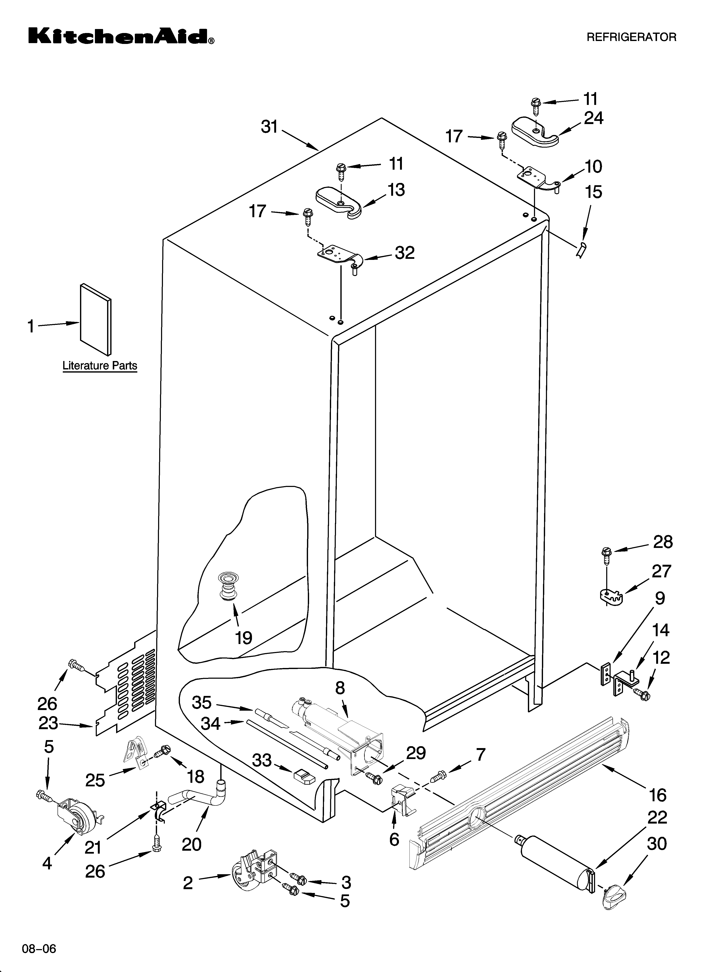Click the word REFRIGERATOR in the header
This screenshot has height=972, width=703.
631,37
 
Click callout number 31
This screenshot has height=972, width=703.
270,127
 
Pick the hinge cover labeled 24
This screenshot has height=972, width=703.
535,133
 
